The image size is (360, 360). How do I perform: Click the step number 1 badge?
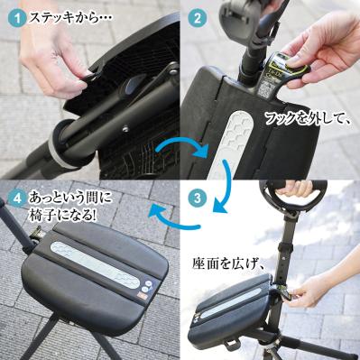(x=15, y=15)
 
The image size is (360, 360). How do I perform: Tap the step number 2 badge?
(x=196, y=16)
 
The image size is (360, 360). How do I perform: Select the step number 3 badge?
(x=199, y=196)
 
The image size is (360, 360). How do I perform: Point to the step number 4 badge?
(x=15, y=196)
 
